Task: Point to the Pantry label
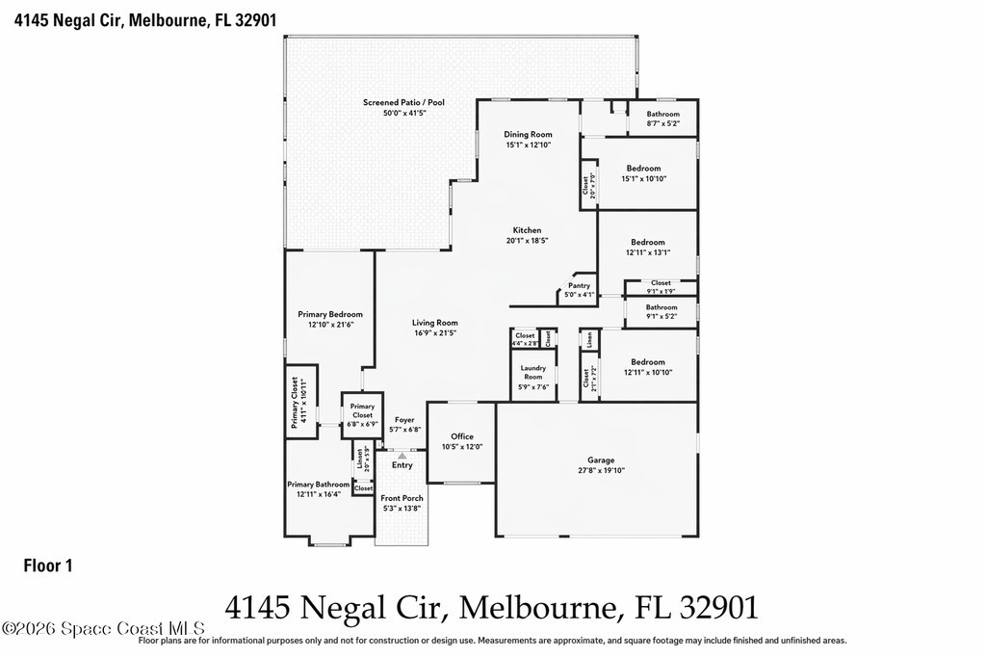pos(579,285)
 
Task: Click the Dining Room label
pos(528,134)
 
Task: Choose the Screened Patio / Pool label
pos(403,102)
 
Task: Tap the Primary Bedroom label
pos(330,314)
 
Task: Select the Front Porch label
pos(402,498)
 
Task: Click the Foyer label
pos(404,420)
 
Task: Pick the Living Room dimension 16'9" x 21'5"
pos(435,332)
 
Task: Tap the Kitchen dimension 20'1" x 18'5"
pos(527,240)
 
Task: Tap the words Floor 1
pos(48,566)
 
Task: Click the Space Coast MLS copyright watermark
pos(103,628)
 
